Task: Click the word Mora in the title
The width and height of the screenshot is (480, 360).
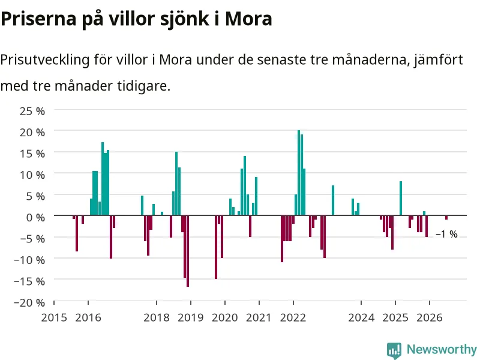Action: [x=248, y=19]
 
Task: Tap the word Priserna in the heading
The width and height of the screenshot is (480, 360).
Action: [x=38, y=19]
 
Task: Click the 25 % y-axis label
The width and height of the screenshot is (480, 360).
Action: [x=32, y=111]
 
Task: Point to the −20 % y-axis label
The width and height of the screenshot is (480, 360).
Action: [x=29, y=303]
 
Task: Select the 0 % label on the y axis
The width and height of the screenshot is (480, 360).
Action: [x=35, y=218]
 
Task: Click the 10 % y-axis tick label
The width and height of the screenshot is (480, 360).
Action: [x=32, y=175]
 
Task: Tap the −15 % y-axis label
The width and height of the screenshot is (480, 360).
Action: [x=29, y=281]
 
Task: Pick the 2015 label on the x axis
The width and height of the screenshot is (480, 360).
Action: [x=54, y=318]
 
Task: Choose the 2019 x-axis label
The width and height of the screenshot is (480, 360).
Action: [x=190, y=318]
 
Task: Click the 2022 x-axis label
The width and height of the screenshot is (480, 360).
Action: [x=293, y=318]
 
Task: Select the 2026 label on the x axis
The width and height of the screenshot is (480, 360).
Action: [x=430, y=318]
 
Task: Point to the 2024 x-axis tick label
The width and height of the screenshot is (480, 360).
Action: [x=361, y=318]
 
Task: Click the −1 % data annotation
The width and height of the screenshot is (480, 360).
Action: [x=446, y=234]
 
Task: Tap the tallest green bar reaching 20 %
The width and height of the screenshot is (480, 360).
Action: [x=299, y=173]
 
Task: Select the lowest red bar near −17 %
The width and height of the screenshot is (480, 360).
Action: [x=188, y=251]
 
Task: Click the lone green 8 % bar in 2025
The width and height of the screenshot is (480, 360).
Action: [x=401, y=199]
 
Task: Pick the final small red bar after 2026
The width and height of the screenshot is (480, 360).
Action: [x=446, y=217]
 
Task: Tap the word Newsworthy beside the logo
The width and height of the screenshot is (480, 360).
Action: [x=442, y=349]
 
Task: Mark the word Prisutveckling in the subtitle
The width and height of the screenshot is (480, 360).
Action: [x=45, y=59]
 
